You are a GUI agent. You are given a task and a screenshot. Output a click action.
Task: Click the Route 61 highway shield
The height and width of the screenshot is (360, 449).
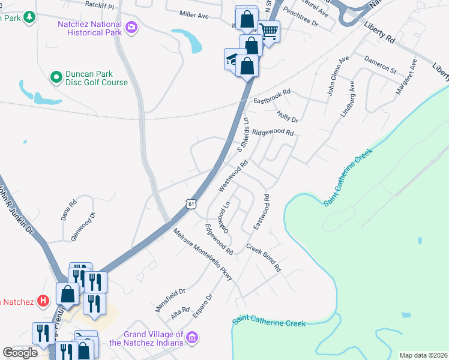tap(190, 204)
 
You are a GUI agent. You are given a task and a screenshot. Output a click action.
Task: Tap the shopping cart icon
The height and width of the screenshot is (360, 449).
tap(269, 31)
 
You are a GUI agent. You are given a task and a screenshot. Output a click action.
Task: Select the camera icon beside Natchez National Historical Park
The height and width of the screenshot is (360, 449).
tap(131, 26)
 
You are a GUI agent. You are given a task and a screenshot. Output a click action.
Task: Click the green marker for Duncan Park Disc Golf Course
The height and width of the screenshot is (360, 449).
tap(56, 76)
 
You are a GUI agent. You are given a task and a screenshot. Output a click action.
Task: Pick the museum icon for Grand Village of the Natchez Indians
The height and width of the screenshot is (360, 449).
tap(191, 338)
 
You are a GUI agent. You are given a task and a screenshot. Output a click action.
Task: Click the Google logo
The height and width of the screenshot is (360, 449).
tap(20, 353)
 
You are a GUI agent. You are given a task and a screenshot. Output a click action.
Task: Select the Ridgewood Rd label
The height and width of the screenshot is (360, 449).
tap(273, 133)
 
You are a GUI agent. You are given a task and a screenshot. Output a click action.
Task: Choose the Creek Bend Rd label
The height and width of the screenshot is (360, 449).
tap(264, 259)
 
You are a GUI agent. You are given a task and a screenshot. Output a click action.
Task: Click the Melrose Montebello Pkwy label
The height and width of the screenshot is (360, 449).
tap(202, 255)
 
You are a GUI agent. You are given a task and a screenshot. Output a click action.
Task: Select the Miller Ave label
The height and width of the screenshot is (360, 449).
tap(194, 14)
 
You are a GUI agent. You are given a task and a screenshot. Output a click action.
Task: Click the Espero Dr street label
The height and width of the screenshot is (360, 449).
tap(201, 306)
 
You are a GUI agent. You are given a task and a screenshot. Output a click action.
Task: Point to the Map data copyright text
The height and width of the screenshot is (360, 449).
tap(423, 355)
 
